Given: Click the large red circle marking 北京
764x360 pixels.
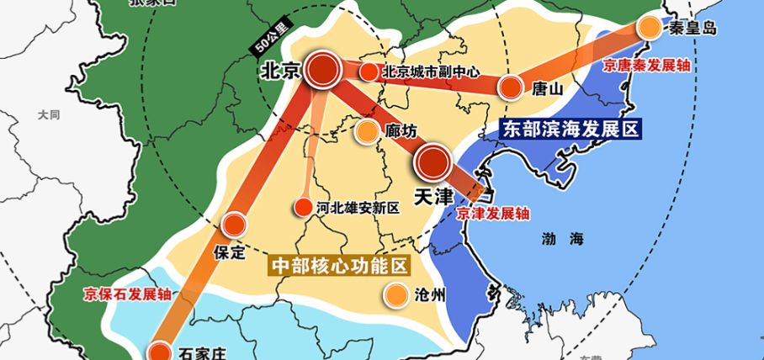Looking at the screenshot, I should coord(322,71).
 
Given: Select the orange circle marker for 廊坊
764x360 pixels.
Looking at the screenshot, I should coord(367,131).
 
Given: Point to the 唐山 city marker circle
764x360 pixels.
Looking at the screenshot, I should coord(511,87).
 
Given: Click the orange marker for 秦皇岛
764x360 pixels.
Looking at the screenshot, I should coord(649,27).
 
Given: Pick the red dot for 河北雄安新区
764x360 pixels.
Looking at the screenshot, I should coord(301,208).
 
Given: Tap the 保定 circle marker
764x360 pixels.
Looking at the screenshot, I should coord(233,225).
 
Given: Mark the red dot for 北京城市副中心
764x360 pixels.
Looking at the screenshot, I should coord(368,72).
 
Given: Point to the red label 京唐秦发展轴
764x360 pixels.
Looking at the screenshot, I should coord(642,61).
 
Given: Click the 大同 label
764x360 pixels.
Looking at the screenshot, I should coord(49,114).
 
